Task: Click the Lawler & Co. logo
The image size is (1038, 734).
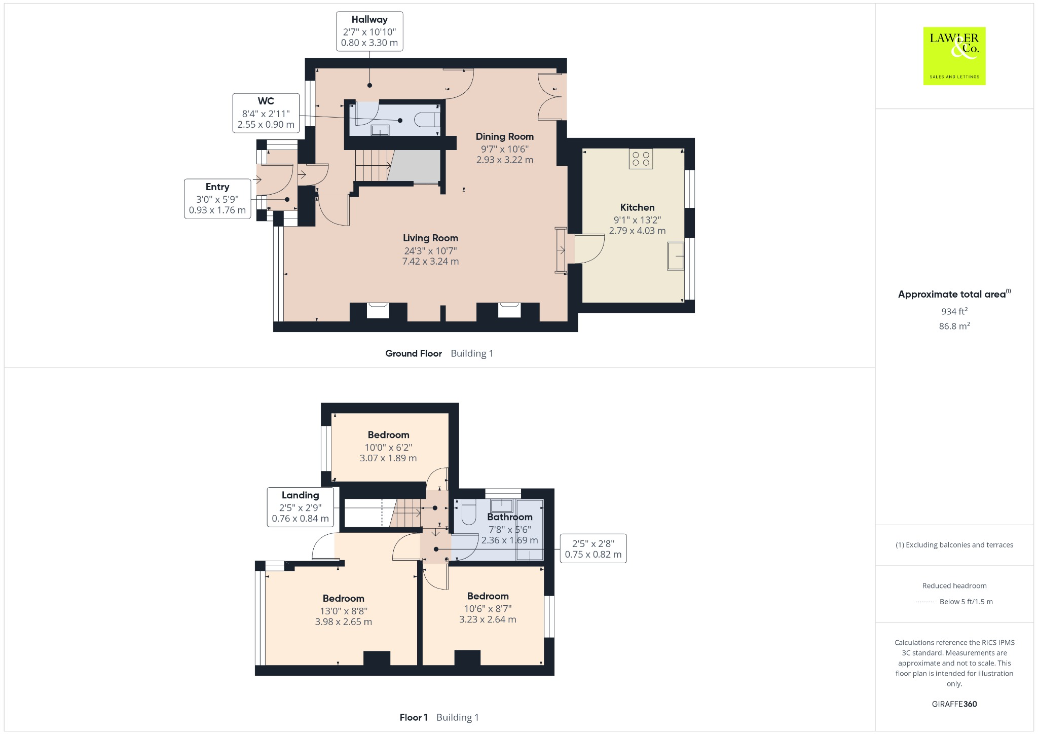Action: click(954, 56)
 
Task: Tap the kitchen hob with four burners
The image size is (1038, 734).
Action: click(641, 159)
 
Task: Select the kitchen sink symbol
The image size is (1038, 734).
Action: click(675, 256)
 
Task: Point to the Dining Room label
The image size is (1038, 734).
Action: click(504, 136)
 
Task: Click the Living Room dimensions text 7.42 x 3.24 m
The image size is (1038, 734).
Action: click(430, 262)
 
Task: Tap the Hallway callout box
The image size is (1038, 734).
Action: click(369, 31)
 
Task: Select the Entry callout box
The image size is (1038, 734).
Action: click(217, 198)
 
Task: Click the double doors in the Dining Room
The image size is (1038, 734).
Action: click(550, 96)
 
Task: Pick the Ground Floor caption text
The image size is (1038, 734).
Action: click(414, 353)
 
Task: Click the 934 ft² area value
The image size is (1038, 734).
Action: click(954, 311)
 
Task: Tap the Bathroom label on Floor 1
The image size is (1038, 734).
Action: click(509, 517)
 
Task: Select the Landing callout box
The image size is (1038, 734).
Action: click(300, 506)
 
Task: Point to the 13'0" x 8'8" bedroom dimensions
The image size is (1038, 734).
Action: click(344, 611)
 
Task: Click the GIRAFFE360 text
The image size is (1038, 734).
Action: click(954, 704)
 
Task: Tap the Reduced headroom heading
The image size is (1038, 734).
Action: click(954, 585)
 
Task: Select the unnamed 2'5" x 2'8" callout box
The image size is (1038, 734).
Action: click(593, 548)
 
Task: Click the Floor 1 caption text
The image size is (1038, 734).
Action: click(414, 717)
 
